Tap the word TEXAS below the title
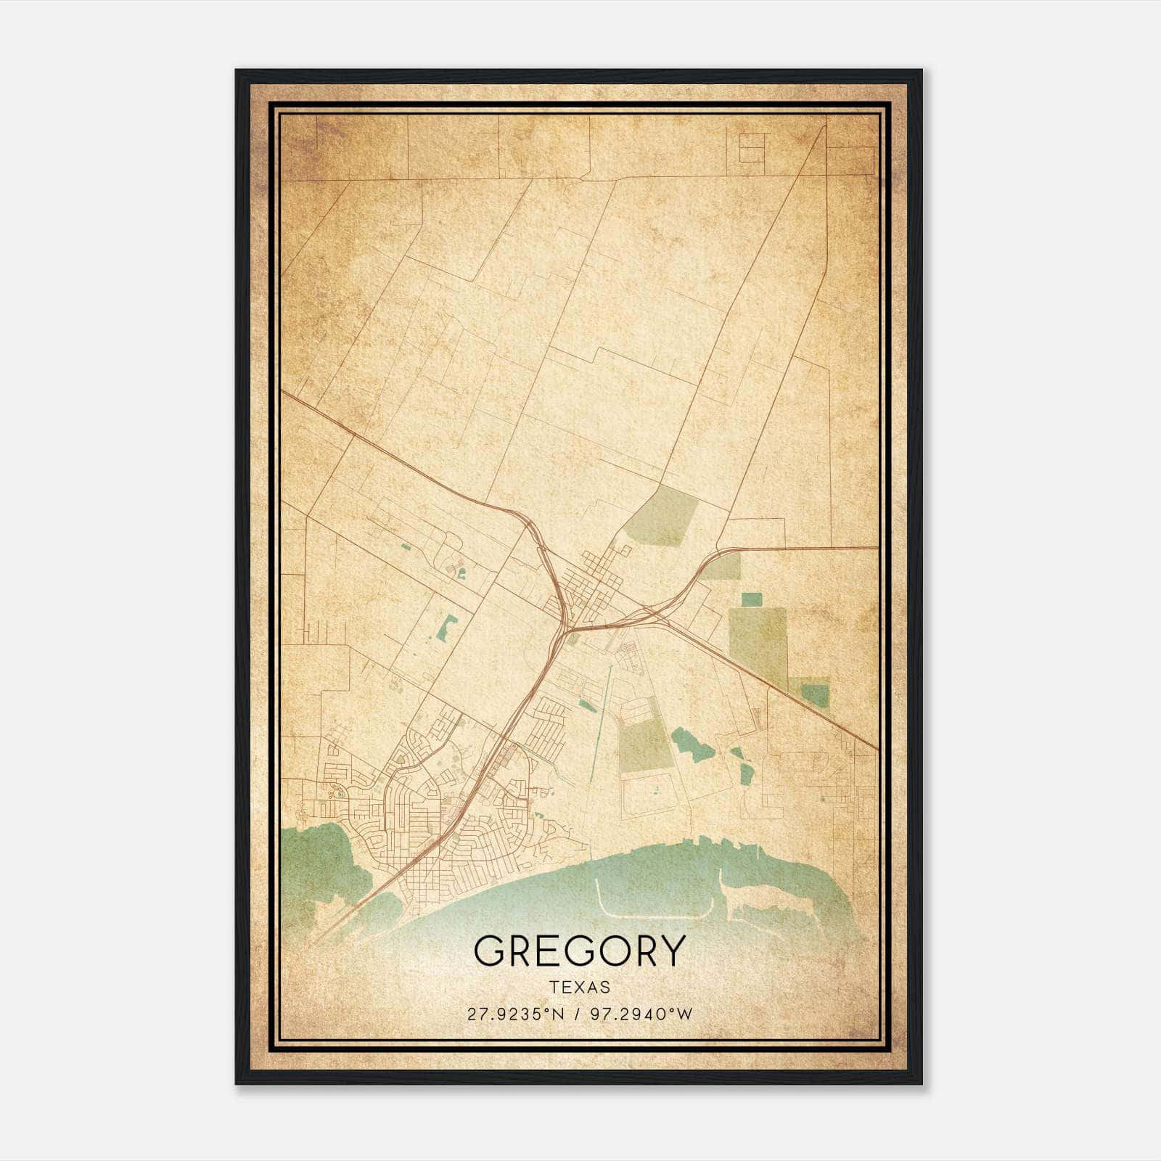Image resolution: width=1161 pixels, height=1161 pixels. (x=579, y=987)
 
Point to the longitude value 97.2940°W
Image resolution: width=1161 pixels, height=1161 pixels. (x=641, y=1014)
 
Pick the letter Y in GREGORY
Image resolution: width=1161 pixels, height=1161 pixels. (x=670, y=950)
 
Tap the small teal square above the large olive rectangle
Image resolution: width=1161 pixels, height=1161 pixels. (x=752, y=599)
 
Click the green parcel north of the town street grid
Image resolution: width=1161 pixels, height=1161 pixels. (x=662, y=518)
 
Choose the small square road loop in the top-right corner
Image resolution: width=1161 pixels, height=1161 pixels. (x=752, y=148)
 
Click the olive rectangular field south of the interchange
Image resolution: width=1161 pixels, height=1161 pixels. (x=641, y=747)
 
